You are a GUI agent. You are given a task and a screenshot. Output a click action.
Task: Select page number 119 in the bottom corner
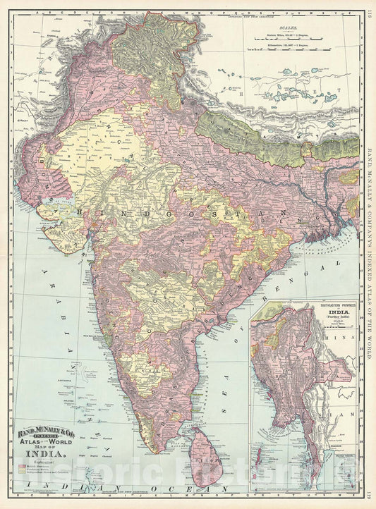(369, 496)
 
